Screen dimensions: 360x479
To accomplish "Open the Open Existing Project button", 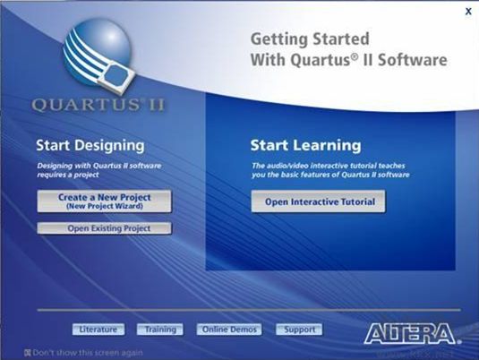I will (x=104, y=228).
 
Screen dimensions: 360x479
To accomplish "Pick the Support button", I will (x=299, y=330).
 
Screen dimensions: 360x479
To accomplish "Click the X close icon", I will (x=467, y=12).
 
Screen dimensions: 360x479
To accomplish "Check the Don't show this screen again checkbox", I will (x=29, y=352).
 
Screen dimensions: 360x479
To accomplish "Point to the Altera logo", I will (x=409, y=333).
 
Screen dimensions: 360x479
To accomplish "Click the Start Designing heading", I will (x=90, y=144).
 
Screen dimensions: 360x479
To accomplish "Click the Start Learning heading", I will (x=304, y=144).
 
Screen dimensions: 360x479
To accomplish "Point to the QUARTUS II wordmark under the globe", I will (x=98, y=105).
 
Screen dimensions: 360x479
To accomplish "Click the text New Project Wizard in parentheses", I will (x=104, y=206).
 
